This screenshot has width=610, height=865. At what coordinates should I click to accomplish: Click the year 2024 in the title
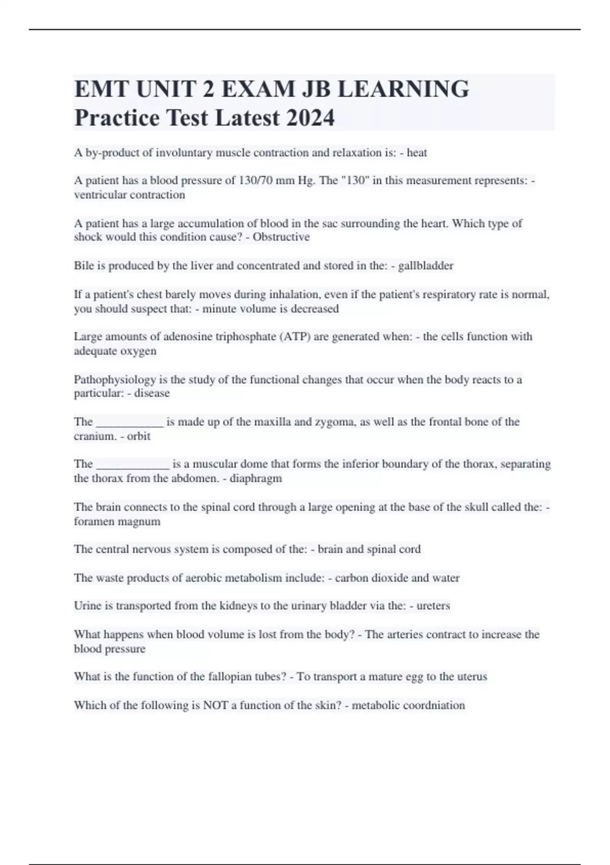click(310, 118)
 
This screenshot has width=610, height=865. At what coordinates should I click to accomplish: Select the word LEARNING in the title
click(403, 89)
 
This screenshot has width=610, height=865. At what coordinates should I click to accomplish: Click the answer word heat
click(417, 153)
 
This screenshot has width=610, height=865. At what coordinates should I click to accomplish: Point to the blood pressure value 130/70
click(255, 181)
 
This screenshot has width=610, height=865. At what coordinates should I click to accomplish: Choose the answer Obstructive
click(281, 237)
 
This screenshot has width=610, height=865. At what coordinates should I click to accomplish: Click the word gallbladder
click(426, 266)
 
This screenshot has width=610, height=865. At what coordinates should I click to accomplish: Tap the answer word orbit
click(139, 436)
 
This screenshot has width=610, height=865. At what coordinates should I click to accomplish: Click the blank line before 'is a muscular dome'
click(132, 465)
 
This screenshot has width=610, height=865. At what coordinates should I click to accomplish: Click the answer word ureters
click(433, 606)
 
